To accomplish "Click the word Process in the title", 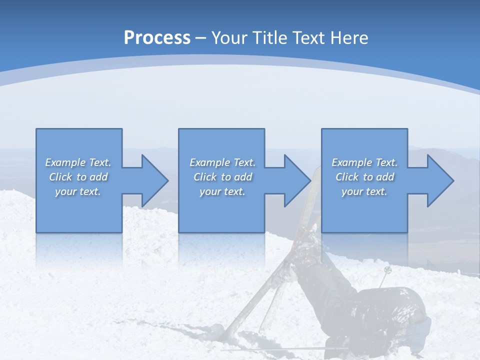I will (157, 38).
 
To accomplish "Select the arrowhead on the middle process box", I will (297, 180).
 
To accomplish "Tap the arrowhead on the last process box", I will (439, 180).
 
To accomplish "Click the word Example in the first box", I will (65, 162).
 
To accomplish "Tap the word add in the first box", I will (99, 177).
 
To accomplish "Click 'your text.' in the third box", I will (364, 191).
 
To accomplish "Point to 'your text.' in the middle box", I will (222, 191).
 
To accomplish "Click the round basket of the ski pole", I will (387, 270).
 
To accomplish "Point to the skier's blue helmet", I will (422, 325).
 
